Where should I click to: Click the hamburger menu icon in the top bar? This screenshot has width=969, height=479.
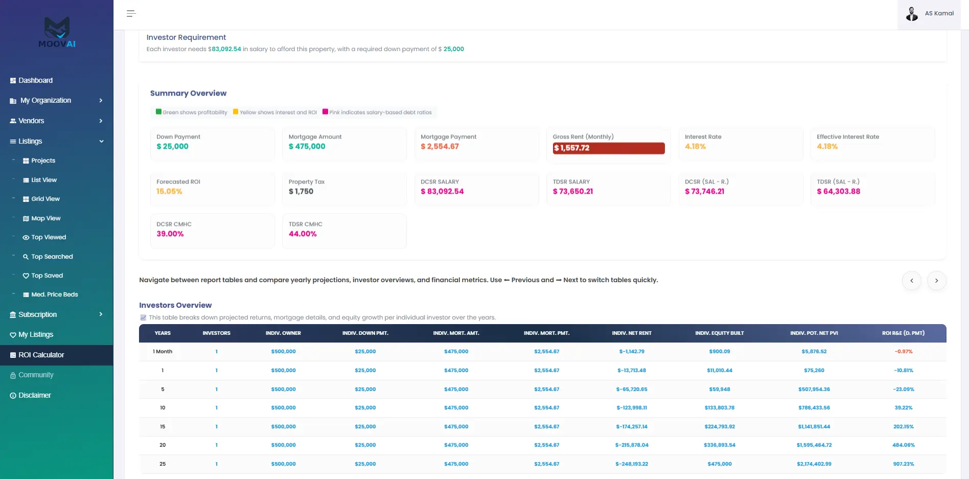(131, 14)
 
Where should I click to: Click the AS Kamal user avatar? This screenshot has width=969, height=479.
(912, 14)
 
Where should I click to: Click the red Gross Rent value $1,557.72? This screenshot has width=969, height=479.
(572, 148)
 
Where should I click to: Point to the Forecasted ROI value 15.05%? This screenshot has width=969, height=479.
(169, 191)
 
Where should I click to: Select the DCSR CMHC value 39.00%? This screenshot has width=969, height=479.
(170, 234)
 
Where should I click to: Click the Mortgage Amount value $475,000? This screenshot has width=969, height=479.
(307, 146)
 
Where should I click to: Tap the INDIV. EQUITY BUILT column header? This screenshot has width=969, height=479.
(720, 333)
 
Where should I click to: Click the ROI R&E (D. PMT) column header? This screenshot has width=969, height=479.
(903, 333)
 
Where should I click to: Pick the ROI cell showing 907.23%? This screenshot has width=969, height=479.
(904, 464)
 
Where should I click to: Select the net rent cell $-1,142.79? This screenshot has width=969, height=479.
(632, 352)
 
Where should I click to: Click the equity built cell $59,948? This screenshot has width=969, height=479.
(720, 390)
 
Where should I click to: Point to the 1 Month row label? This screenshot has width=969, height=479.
(163, 352)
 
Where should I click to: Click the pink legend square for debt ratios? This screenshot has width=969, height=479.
(325, 111)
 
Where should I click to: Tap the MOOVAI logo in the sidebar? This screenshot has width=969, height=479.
(57, 32)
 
